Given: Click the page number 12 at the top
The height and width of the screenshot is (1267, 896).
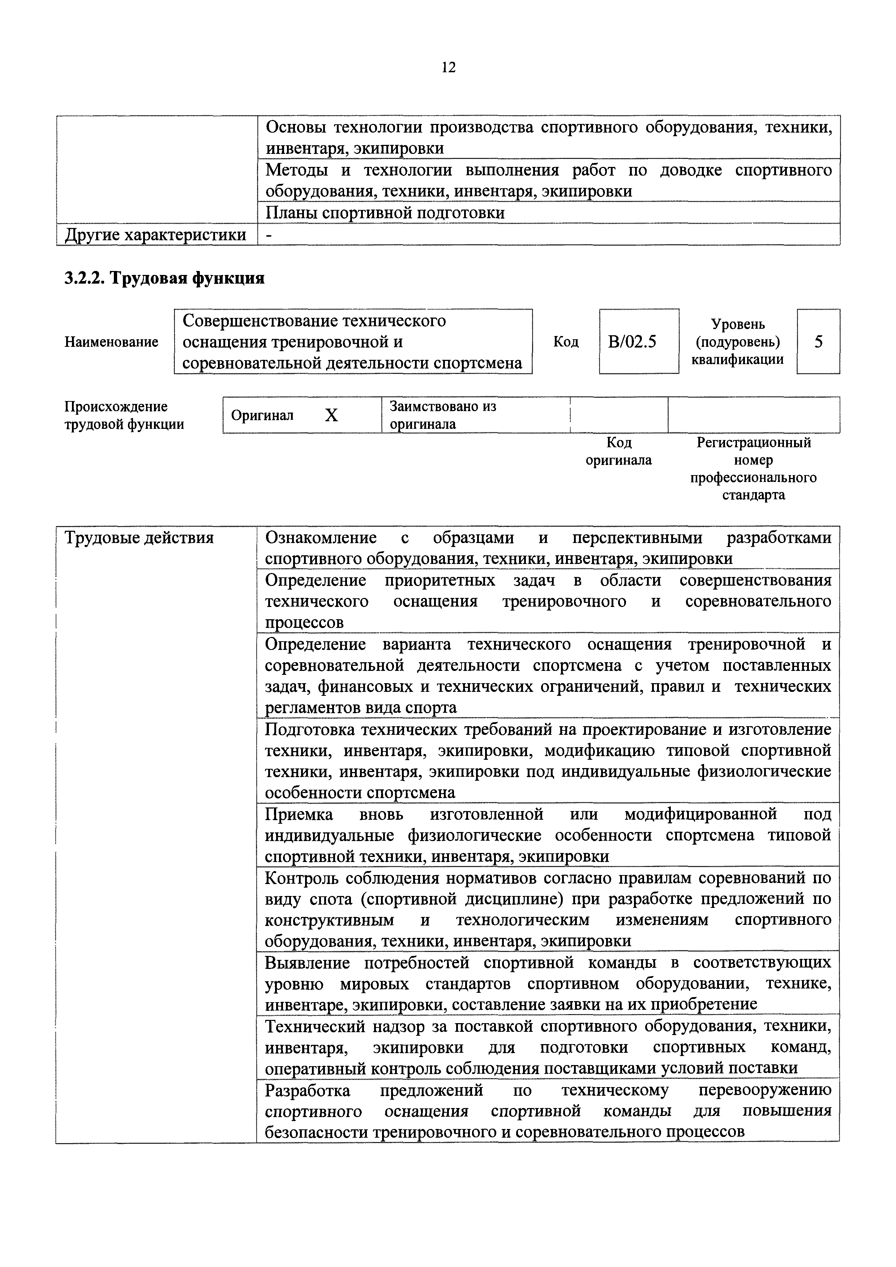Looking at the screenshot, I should [448, 68].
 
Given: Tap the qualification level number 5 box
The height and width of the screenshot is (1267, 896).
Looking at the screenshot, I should [818, 342].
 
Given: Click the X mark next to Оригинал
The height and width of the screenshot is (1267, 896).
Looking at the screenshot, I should [331, 415].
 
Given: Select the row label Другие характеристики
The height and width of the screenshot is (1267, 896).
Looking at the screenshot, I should [156, 235].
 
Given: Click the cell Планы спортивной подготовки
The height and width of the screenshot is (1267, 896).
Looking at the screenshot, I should [385, 213].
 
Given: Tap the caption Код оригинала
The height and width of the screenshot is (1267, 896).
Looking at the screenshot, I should [619, 451].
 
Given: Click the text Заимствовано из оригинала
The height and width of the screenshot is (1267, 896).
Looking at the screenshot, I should [443, 415].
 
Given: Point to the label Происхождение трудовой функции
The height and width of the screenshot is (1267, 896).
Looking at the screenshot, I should [124, 415].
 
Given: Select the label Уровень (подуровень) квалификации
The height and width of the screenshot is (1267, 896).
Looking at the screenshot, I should [738, 342].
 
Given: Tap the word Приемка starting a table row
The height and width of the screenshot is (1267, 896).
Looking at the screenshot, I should [298, 814].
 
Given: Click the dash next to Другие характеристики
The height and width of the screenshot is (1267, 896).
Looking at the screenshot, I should [269, 236].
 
